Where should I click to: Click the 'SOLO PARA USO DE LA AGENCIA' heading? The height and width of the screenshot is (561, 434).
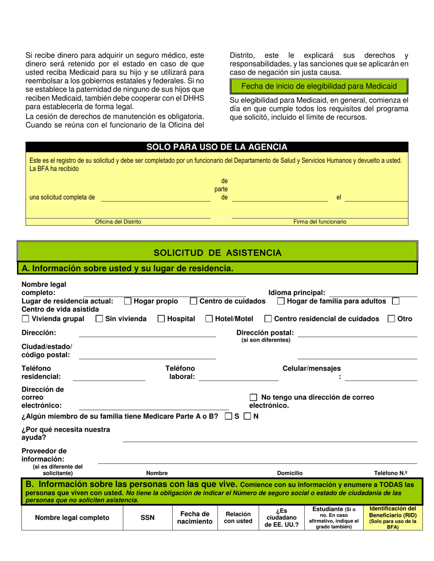[x=217, y=147]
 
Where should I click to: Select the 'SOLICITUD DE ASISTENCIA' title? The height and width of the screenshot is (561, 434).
[x=217, y=253]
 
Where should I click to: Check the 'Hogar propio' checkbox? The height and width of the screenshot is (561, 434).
[x=128, y=301]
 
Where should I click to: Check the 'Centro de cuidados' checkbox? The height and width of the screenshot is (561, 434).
[x=194, y=301]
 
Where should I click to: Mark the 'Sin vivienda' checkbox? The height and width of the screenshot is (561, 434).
[x=99, y=319]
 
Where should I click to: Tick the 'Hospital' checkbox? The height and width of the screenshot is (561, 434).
[x=161, y=319]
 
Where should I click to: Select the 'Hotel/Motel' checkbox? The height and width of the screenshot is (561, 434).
[x=209, y=319]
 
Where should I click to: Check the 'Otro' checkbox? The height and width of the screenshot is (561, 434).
[x=392, y=319]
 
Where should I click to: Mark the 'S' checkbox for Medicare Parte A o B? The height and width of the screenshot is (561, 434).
[x=229, y=416]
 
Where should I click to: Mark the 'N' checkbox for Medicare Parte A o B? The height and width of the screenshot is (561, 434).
[x=247, y=416]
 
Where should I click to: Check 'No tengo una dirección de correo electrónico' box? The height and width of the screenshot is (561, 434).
[x=254, y=397]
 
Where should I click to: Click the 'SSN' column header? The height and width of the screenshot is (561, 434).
[x=148, y=518]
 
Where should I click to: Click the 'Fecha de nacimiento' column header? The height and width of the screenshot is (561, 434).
[x=195, y=518]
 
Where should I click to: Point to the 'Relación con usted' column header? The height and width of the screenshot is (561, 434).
[x=238, y=518]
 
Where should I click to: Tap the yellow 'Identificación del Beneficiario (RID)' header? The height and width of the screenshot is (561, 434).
[x=392, y=518]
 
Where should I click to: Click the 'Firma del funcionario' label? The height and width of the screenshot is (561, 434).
[x=319, y=222]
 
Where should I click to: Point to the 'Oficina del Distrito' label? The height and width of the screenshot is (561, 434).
[x=118, y=222]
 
